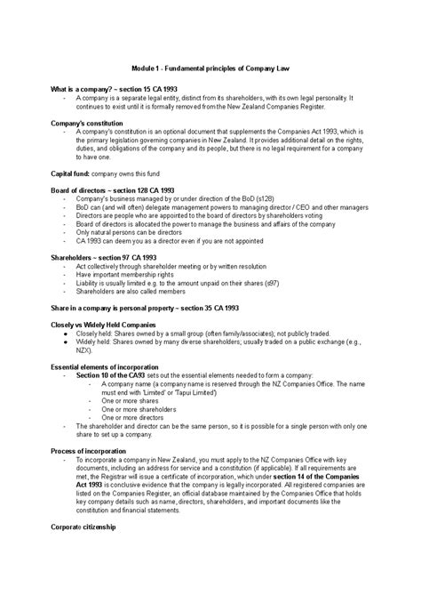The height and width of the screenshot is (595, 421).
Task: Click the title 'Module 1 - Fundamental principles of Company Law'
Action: (210, 68)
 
